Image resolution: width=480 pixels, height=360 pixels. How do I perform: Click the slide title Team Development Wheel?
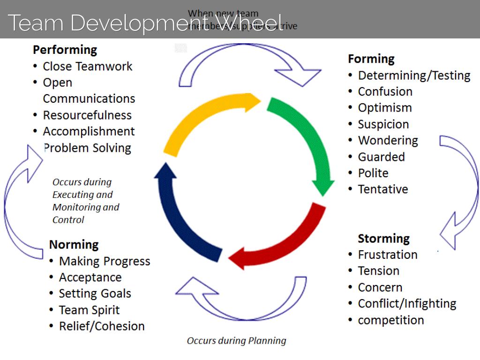[145, 22]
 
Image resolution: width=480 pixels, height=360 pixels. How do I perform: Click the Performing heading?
[65, 50]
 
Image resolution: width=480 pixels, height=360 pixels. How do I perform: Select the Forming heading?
[371, 59]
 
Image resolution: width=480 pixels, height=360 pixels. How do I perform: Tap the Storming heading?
[383, 239]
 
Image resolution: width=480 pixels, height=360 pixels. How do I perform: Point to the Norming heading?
[74, 245]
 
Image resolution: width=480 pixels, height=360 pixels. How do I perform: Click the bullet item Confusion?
[385, 92]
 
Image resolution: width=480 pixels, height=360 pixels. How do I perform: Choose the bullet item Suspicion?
[383, 125]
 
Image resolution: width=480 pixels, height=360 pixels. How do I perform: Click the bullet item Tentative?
[382, 189]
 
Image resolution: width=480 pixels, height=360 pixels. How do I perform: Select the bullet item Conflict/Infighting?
[406, 304]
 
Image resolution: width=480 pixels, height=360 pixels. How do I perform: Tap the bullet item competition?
[390, 320]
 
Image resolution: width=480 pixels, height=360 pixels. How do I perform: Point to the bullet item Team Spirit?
[89, 310]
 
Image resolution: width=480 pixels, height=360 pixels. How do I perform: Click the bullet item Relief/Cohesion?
[101, 326]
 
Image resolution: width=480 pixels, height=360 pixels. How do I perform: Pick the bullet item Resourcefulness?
[87, 115]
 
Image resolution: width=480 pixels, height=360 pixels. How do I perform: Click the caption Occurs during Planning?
[236, 341]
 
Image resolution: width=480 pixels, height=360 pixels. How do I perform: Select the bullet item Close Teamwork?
[87, 67]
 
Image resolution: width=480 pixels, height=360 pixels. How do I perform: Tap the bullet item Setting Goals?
[95, 294]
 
